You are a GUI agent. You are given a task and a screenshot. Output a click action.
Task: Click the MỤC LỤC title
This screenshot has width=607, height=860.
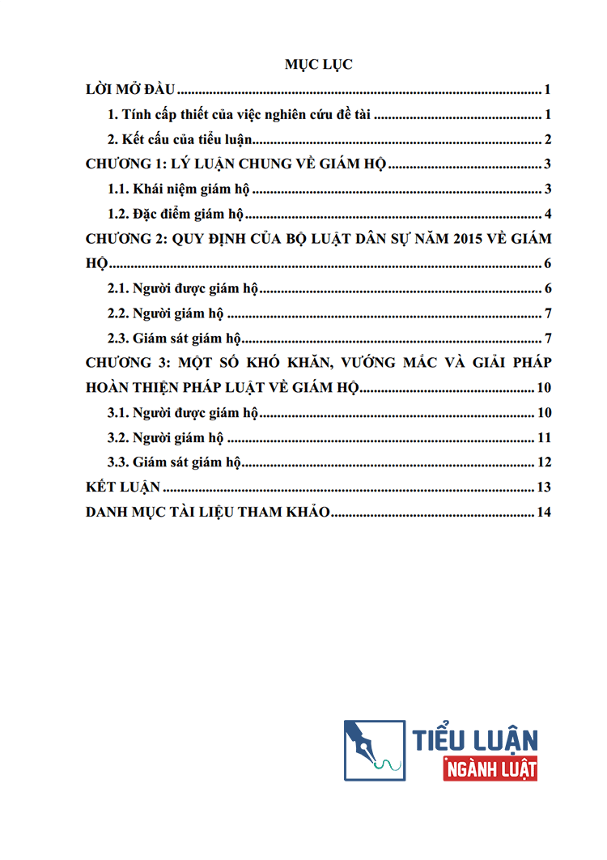(x=318, y=66)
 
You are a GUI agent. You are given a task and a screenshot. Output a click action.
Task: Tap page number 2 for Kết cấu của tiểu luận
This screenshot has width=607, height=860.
(x=548, y=139)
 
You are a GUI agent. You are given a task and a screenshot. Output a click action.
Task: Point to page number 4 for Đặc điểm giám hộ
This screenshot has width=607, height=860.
(x=548, y=215)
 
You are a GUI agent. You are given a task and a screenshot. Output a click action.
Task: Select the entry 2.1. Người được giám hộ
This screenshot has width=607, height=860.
(x=182, y=289)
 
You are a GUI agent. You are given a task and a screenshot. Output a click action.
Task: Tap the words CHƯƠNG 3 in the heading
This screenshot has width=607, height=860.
(x=124, y=364)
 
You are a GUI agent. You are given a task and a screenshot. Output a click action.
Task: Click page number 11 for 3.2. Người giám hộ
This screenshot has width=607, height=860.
(x=544, y=438)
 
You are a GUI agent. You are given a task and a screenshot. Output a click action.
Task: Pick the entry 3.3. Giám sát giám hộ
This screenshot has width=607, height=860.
(x=175, y=463)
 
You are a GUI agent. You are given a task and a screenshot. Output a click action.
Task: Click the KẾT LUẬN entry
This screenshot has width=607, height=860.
(x=123, y=487)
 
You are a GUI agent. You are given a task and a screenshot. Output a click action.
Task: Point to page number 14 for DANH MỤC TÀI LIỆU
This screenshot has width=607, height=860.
(x=544, y=513)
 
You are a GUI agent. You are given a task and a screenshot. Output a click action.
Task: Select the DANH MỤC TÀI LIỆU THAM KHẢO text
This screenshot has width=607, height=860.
(x=207, y=513)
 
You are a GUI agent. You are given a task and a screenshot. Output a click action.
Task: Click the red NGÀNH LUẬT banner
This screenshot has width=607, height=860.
(x=490, y=768)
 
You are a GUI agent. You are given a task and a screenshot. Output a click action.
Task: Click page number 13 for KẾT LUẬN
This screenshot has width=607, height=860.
(x=544, y=487)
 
